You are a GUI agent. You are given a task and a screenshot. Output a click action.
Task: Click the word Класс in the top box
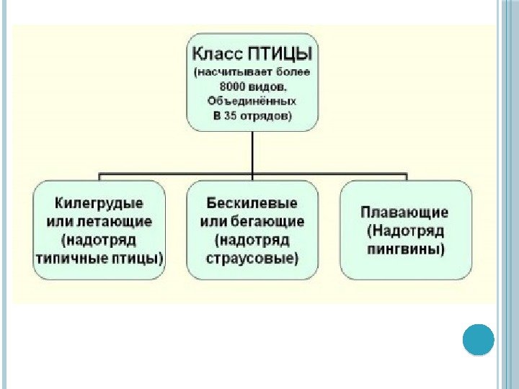218,54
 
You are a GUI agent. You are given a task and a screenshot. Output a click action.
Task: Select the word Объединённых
252,100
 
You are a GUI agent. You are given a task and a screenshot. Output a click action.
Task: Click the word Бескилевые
252,205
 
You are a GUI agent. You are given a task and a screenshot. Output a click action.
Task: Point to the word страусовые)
252,256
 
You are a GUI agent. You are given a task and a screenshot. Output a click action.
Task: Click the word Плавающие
404,213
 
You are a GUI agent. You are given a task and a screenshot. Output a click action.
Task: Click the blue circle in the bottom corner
478,339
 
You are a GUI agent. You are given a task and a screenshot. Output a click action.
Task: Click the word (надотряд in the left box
99,239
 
